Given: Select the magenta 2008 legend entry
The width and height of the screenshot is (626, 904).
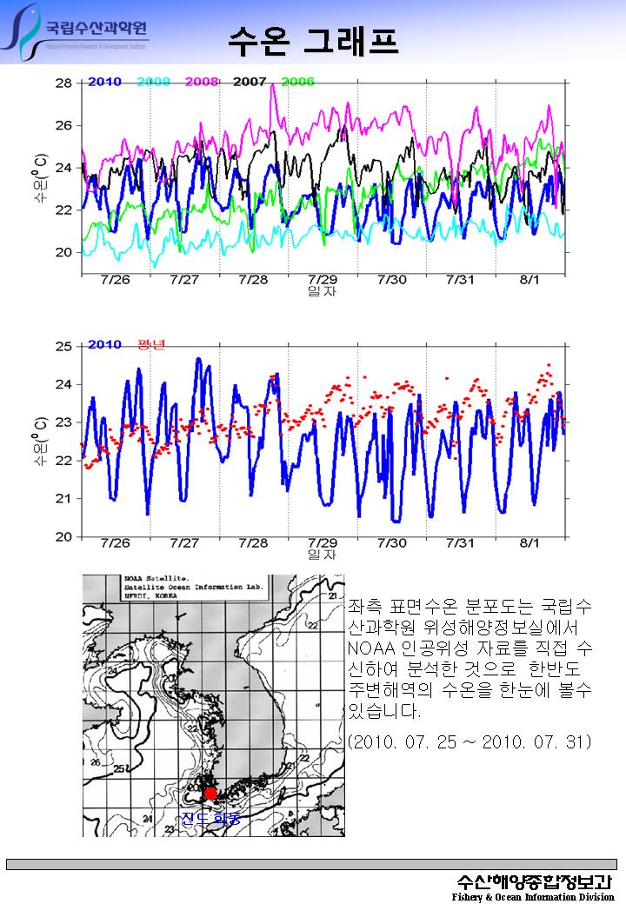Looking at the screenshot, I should pos(202,82).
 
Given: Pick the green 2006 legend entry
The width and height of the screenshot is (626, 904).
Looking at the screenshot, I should pos(298,82).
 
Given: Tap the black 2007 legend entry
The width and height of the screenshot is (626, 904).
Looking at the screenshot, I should pos(250,82).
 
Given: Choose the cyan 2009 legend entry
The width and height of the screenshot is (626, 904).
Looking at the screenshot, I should pos(153,82).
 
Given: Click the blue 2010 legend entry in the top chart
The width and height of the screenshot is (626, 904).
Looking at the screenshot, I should pos(104,82).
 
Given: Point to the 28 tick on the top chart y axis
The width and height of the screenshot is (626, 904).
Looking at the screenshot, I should pos(63,83).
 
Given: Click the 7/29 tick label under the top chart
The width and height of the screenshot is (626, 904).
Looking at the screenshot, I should pos(323,280).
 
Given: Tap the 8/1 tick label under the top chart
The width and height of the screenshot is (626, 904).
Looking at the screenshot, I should pos(529,280).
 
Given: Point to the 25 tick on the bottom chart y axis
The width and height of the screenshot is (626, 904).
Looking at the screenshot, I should pos(63,347).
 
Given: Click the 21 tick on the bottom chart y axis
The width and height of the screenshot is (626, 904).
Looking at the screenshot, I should pos(63,499).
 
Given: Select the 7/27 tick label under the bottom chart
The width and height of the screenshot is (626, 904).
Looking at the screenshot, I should pos(184,543).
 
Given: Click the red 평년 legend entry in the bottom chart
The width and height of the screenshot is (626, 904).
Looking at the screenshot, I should pos(151,344).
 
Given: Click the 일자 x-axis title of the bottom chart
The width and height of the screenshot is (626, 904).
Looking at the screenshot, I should pos(323,555).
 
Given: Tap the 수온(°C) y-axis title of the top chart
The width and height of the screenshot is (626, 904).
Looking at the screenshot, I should pos(40,178).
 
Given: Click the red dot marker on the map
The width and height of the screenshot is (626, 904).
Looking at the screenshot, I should pos(210,794).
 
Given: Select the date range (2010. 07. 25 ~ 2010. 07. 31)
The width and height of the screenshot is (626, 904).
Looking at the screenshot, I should pos(469,742).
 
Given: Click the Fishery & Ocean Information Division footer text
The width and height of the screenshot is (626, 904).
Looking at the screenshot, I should pos(532,896).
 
